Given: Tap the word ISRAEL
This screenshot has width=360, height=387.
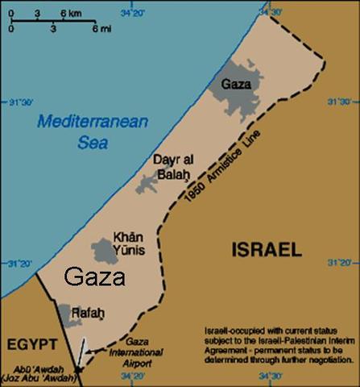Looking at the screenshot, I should (266, 249).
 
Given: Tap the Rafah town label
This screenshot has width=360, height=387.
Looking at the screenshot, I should (89, 312).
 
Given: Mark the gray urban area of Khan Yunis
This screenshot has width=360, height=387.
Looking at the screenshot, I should (105, 251).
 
